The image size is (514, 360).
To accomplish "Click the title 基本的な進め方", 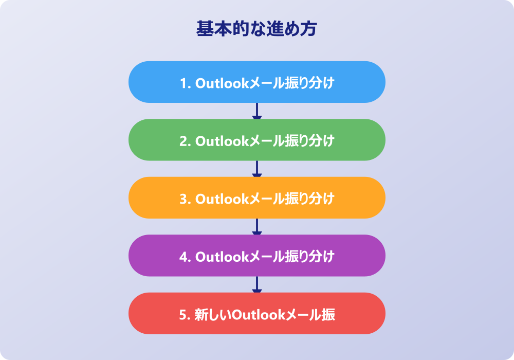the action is [x=256, y=28].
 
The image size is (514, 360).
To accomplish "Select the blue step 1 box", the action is [x=256, y=82].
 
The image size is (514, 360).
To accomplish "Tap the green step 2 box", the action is [x=256, y=140].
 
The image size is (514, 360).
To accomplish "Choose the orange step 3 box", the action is [x=256, y=197].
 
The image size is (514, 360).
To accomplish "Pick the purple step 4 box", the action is [x=256, y=256].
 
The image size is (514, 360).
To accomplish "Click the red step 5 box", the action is [x=256, y=313].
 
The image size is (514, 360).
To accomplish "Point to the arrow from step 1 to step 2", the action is [x=256, y=111].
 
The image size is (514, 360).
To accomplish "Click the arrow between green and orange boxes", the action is [x=256, y=169].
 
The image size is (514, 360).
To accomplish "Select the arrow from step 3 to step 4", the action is [x=256, y=227].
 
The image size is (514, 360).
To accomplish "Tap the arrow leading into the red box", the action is [x=256, y=284].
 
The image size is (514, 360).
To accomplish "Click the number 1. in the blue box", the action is [x=186, y=83].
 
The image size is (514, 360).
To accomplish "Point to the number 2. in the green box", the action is [x=186, y=141].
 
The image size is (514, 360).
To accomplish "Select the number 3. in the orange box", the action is [x=186, y=199].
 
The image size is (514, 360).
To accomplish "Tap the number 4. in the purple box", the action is [x=186, y=257].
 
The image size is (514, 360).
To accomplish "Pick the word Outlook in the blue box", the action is [x=223, y=83].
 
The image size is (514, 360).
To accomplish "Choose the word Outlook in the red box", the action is [x=259, y=315].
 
